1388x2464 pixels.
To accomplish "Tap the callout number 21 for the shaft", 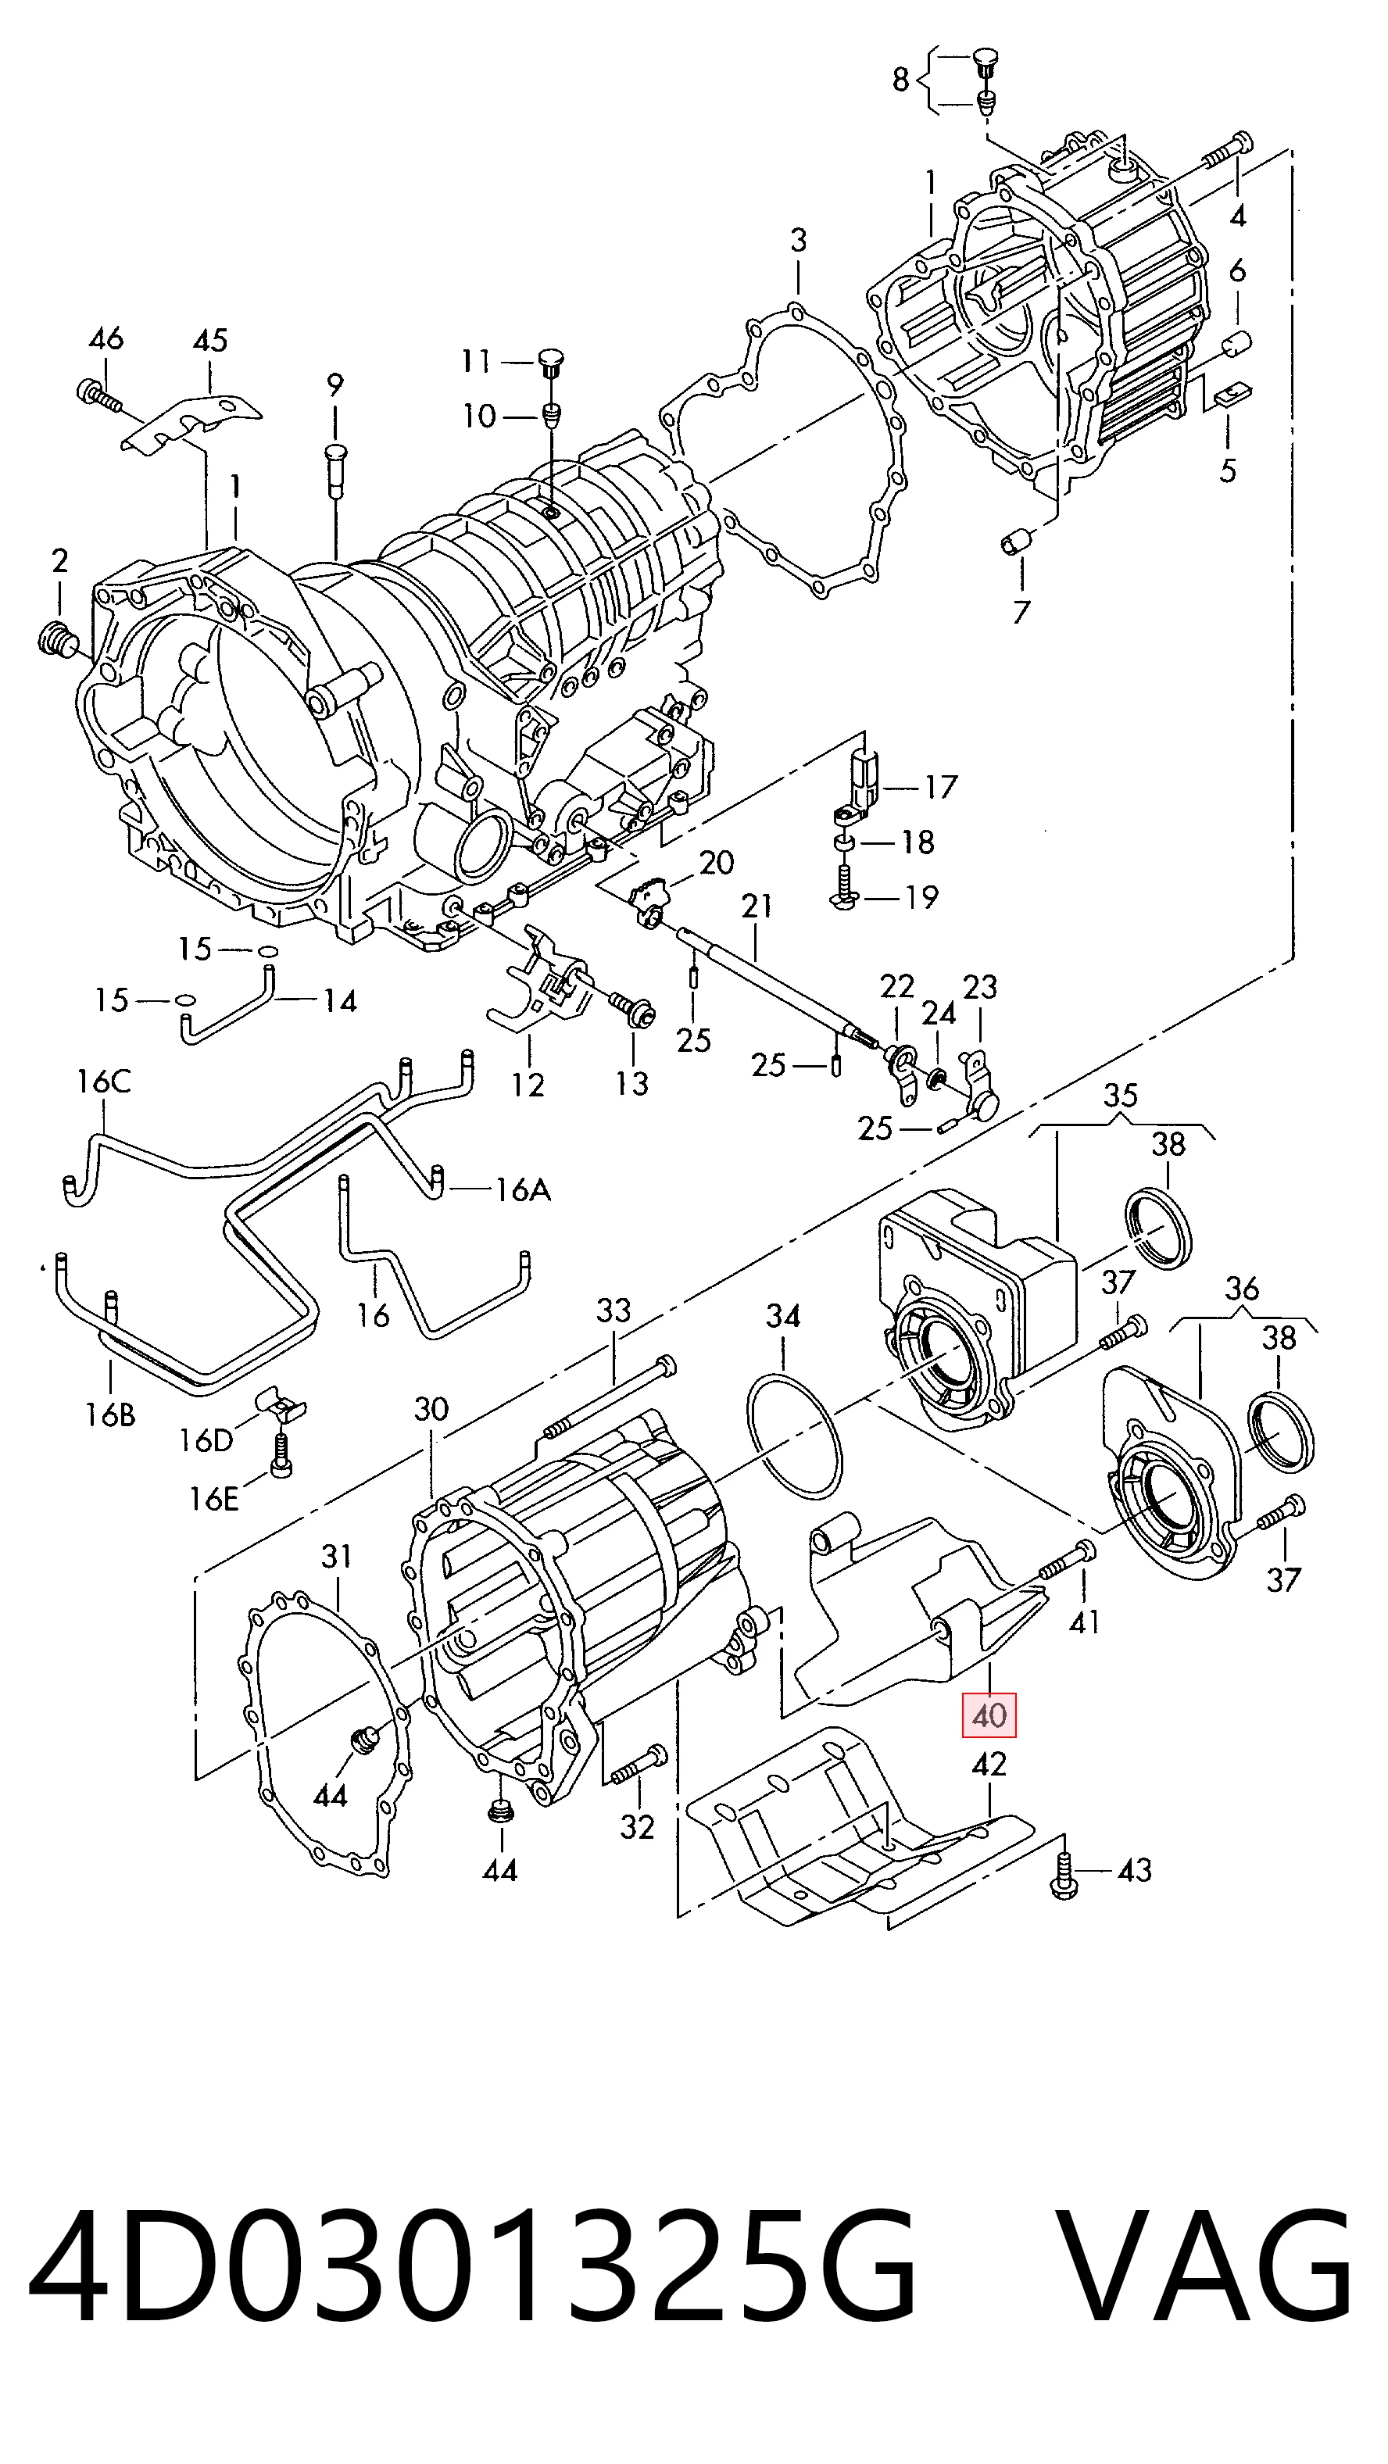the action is [x=757, y=905].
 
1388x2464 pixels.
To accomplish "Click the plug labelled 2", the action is [x=56, y=638].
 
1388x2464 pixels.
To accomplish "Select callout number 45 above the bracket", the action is [x=210, y=340].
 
